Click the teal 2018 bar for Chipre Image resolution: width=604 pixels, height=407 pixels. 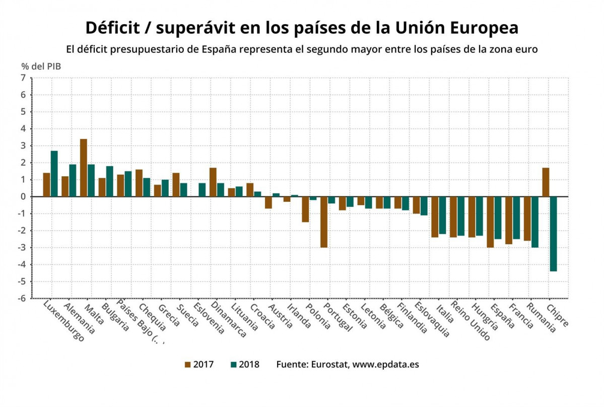coord(554,234)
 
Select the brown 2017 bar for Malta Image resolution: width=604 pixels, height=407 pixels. coord(84,168)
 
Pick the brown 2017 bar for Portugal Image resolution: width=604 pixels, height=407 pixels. coord(324,222)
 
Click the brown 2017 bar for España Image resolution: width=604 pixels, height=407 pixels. coord(491,222)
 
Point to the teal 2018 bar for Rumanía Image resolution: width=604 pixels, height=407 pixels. coord(535,222)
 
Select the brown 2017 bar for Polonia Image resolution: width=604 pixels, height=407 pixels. coord(305,209)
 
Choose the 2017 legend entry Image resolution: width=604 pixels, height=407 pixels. coord(199,364)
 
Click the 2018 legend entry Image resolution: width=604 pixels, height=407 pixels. coord(244,364)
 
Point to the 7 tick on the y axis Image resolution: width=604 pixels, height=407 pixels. coord(23,78)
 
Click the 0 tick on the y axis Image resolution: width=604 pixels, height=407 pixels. coord(23,197)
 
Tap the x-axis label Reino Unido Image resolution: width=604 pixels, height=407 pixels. coord(470,321)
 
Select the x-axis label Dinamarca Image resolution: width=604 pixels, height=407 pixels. coord(229,319)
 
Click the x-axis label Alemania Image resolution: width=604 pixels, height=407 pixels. coord(79,317)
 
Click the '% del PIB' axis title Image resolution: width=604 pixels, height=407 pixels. coord(41,66)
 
